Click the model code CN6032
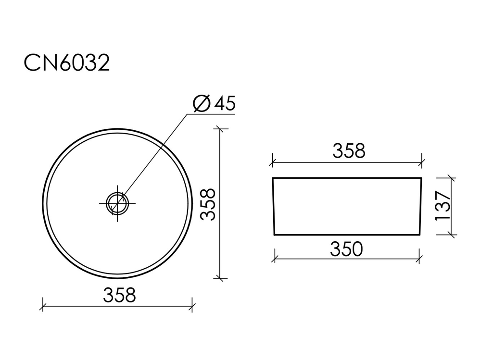[x=67, y=63]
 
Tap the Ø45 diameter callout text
[x=214, y=103]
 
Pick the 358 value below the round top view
[x=119, y=295]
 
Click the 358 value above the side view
[x=349, y=151]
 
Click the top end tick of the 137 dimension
[x=451, y=178]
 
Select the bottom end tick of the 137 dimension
[x=451, y=235]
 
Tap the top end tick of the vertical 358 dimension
[x=220, y=129]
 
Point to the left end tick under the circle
[x=43, y=305]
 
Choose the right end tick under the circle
[x=192, y=305]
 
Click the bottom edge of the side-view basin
[x=346, y=235]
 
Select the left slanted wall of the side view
[x=273, y=207]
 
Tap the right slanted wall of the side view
[x=421, y=207]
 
